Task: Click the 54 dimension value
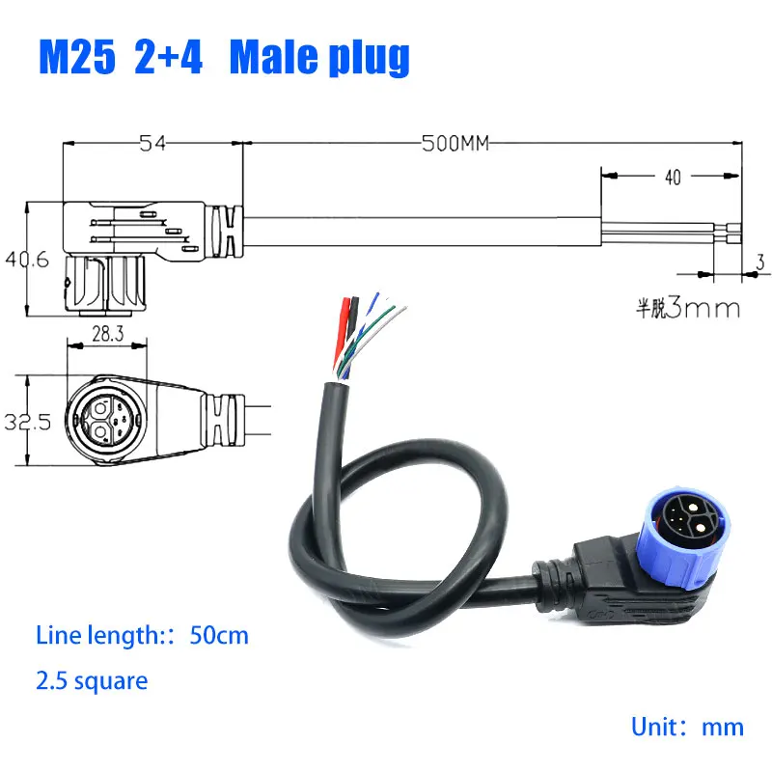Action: coord(152,143)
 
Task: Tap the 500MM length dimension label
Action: coord(455,143)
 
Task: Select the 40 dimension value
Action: coord(673,178)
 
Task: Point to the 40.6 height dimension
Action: coord(28,259)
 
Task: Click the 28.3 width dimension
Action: coord(108,334)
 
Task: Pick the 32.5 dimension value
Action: coord(28,422)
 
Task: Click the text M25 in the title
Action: coord(77,57)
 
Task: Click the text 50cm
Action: coord(219,635)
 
